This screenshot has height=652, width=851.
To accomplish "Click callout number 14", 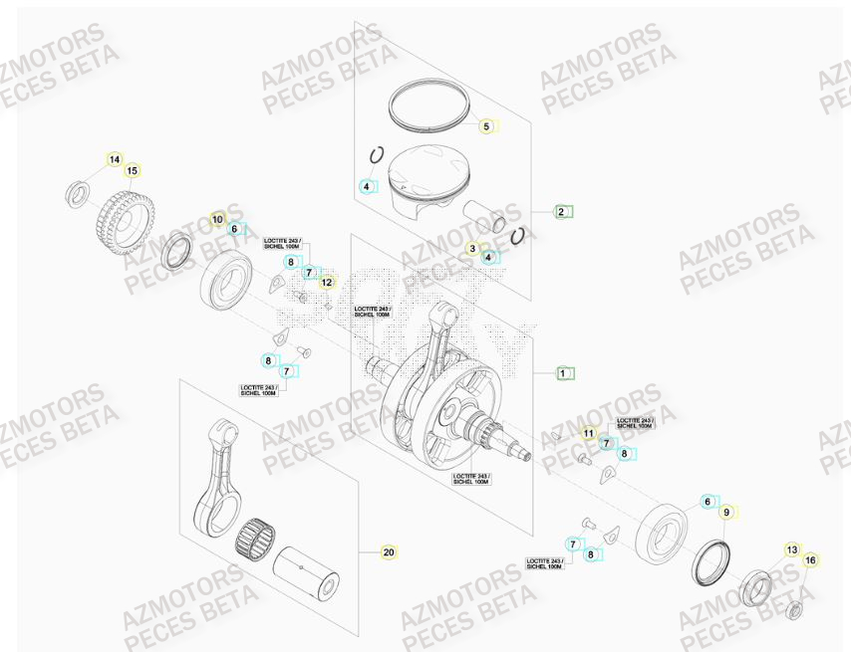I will [115, 159].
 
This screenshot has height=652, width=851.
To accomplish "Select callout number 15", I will [132, 171].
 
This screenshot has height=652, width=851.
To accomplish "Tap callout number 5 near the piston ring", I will [486, 126].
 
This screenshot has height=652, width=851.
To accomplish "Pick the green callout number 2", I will [561, 211].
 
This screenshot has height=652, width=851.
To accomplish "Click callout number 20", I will [389, 551].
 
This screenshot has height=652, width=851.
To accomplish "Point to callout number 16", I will [810, 560].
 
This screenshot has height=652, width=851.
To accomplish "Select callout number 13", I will [792, 549].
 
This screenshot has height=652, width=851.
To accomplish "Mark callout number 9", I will [726, 512].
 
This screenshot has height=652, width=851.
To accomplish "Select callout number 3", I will [472, 248].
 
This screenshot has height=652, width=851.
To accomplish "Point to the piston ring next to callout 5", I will [426, 104].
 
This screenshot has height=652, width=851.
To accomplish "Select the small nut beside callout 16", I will [796, 609].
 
